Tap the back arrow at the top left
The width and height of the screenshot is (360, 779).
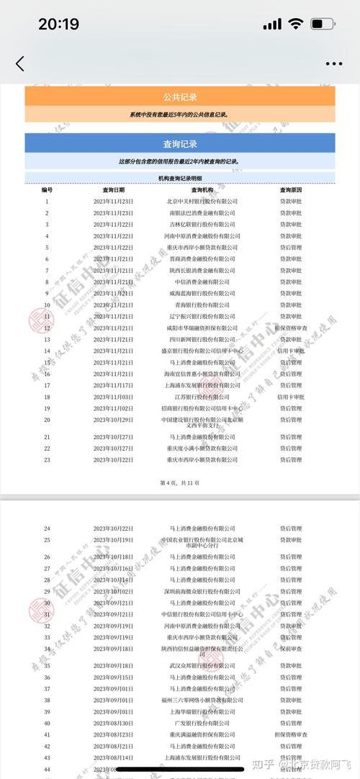(x=19, y=63)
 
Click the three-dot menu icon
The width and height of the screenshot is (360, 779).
(x=333, y=63)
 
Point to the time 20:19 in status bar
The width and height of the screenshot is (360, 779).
(x=58, y=24)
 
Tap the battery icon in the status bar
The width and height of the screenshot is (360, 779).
(x=321, y=24)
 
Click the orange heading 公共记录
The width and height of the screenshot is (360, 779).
(x=180, y=97)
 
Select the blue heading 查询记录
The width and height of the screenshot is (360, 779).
(x=180, y=143)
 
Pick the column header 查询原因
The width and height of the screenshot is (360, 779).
(x=291, y=190)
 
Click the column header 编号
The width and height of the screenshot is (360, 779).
(x=47, y=190)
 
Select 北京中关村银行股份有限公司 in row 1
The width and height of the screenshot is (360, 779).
(x=202, y=202)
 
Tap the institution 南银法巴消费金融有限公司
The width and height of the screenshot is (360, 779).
(x=202, y=213)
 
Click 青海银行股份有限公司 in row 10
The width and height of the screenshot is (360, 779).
(x=202, y=305)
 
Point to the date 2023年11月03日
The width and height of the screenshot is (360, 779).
(x=113, y=397)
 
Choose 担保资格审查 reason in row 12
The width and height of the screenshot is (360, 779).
(x=291, y=328)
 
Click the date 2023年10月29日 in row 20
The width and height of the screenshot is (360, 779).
(x=113, y=420)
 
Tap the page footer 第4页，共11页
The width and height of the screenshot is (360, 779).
(x=180, y=482)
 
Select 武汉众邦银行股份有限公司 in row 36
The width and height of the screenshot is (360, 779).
(x=202, y=666)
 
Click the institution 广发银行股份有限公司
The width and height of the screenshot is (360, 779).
(x=202, y=723)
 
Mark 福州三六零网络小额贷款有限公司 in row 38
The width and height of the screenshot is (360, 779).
(x=202, y=700)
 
